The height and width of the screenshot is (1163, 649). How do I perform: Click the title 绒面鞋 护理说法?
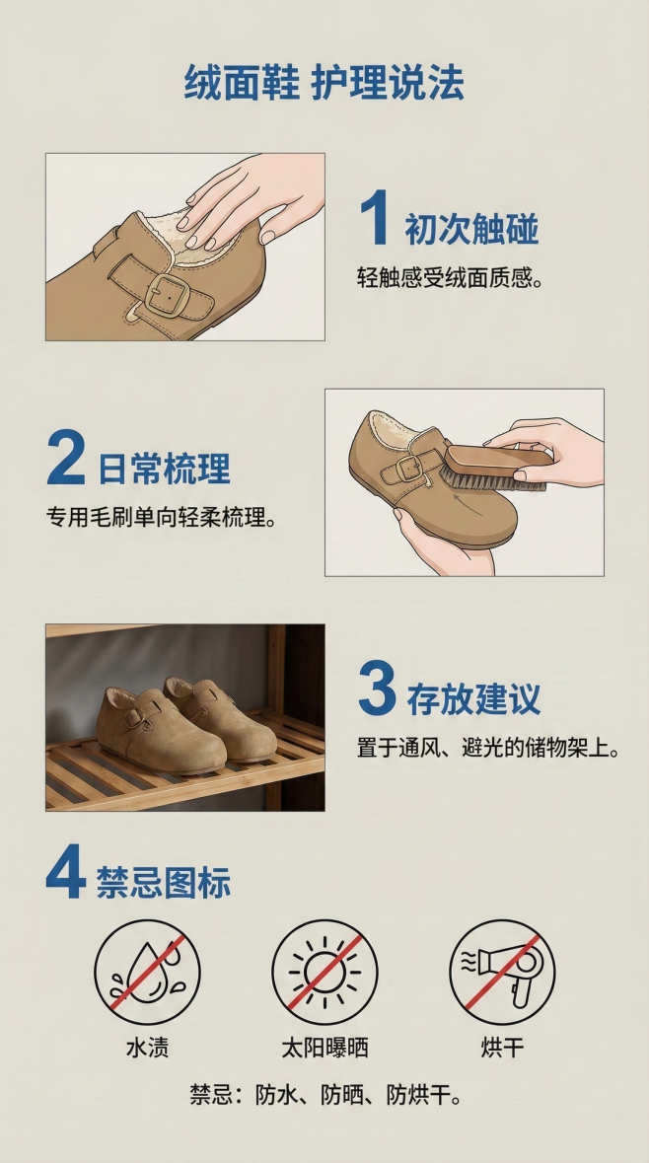324,83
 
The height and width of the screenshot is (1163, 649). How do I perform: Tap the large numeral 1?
374,219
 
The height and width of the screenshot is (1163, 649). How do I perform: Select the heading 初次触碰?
471,229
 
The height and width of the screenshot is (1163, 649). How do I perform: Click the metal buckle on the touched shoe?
167,294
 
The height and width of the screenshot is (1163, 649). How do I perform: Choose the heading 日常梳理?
164,469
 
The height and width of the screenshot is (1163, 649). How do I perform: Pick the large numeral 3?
377,690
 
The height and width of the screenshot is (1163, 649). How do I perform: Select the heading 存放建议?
473,699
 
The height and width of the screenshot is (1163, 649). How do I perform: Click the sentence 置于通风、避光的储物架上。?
488,749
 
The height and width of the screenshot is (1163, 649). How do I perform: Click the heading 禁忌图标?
164,883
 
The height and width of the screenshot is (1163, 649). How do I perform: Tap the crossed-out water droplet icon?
147,972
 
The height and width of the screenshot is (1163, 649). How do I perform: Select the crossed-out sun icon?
324,972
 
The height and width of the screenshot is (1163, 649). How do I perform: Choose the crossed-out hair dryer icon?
502,972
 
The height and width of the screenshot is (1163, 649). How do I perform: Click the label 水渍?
147,1048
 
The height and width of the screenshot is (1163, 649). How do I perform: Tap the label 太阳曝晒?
324,1048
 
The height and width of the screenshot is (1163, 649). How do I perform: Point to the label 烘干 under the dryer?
502,1048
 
